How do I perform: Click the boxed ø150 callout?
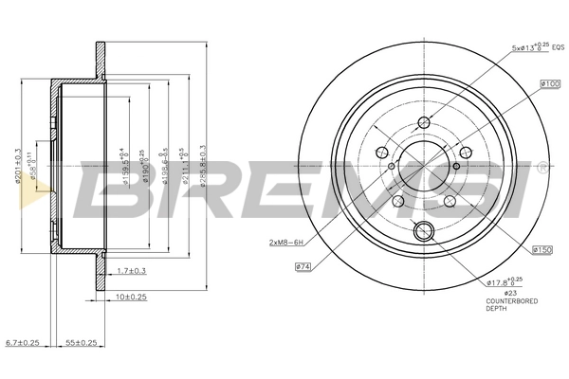click(x=542, y=248)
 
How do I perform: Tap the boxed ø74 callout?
click(x=303, y=268)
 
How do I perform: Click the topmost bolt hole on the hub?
click(x=424, y=119)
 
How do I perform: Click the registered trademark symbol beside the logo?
click(x=541, y=166)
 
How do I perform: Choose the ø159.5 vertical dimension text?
click(x=124, y=169)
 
